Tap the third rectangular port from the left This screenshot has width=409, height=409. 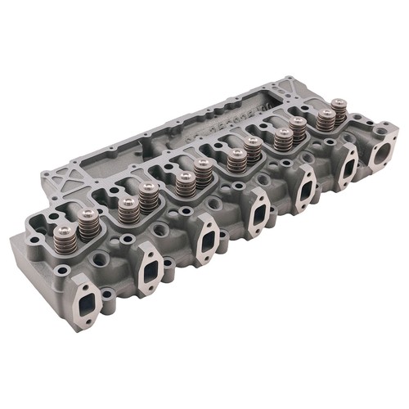pos(206,238)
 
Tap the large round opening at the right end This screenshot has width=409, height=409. pos(381,153)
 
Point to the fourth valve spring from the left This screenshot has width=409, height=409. pos(148,200)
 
